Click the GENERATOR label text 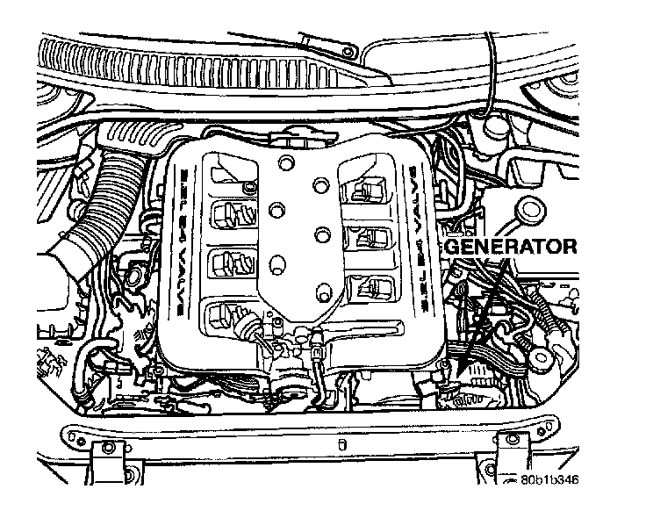[x=511, y=247]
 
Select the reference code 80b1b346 [x=549, y=480]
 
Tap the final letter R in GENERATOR [x=570, y=247]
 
